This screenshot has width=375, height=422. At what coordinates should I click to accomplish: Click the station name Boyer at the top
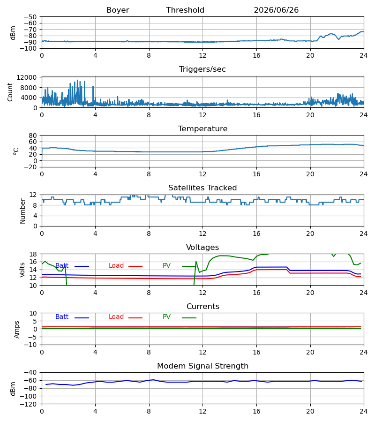118,10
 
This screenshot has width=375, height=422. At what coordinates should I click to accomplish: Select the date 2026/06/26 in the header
276,10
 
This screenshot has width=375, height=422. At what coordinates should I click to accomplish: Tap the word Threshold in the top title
185,10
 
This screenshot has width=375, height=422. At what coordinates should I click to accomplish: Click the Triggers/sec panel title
202,69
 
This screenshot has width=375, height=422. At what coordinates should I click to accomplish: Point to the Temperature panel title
202,128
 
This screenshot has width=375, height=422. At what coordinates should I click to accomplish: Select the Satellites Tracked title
202,188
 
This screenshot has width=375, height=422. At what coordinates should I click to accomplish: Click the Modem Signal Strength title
202,366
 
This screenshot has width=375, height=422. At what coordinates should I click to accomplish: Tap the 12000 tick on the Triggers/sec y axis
27,77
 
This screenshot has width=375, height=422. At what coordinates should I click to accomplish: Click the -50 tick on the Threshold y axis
30,17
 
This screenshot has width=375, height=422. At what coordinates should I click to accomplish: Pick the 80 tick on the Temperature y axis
33,136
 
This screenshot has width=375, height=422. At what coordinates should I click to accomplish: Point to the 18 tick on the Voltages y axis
33,254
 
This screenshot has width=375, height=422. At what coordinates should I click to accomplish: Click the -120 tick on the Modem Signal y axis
28,404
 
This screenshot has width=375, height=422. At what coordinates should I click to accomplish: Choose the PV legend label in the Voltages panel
166,266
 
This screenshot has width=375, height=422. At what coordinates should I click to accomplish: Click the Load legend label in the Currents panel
116,317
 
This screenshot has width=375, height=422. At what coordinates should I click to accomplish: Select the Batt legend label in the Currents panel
62,317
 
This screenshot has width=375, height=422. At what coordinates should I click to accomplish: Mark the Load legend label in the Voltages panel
116,266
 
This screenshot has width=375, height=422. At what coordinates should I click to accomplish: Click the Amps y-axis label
17,330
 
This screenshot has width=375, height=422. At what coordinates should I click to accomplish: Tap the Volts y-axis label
22,270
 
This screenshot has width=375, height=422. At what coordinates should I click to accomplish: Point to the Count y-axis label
10,92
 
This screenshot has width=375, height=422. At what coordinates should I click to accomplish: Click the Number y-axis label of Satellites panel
22,211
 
